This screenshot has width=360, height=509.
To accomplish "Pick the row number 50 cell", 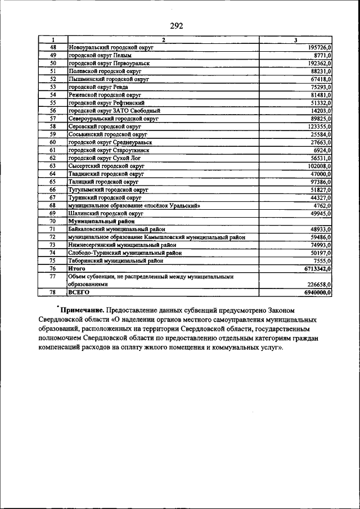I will point(53,64).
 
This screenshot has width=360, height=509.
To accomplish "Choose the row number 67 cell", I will point(53,198).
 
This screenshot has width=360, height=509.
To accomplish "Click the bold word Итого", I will point(76,269).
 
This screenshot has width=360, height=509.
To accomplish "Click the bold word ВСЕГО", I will point(78,292).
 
